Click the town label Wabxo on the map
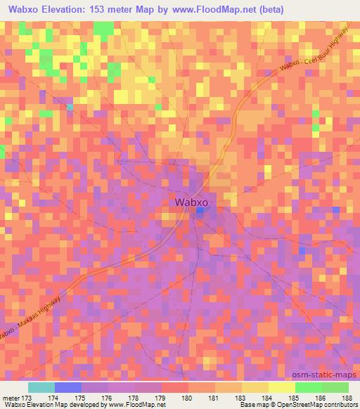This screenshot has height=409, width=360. [190, 202]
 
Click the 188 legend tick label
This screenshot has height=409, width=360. [347, 398]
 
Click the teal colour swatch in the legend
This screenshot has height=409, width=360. [41, 387]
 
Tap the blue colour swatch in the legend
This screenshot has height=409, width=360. [68, 387]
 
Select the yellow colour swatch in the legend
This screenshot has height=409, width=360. [281, 387]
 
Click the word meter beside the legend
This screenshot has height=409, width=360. [12, 398]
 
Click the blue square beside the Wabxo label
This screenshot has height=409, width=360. [200, 209]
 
